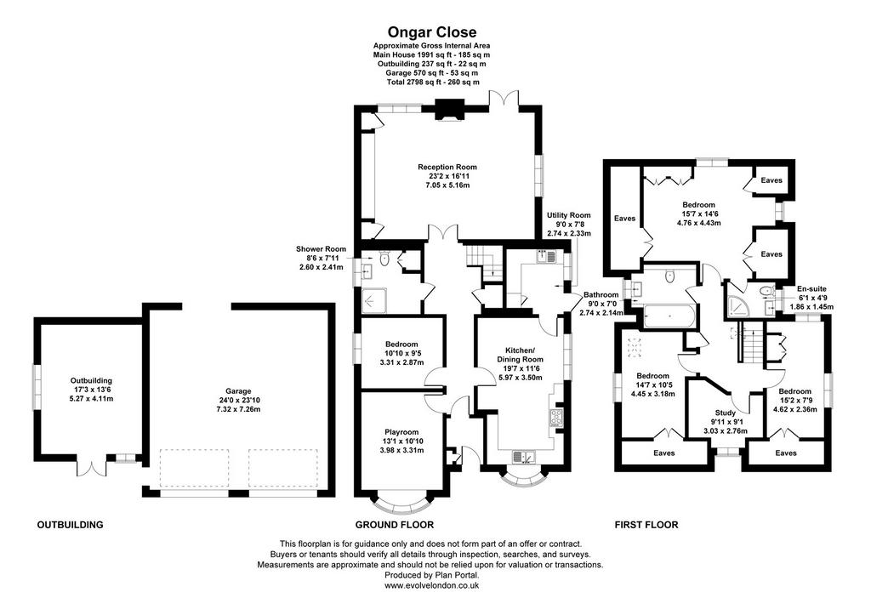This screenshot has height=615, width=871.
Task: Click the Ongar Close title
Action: pyautogui.click(x=431, y=32)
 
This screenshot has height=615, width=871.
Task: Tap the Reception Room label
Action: pyautogui.click(x=447, y=167)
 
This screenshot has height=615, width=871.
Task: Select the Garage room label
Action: pyautogui.click(x=238, y=391)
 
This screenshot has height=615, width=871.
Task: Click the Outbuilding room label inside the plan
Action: pyautogui.click(x=91, y=380)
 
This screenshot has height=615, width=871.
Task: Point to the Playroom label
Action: pyautogui.click(x=401, y=432)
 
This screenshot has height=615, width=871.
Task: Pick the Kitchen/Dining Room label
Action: pyautogui.click(x=520, y=355)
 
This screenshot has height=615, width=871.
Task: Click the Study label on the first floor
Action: pyautogui.click(x=725, y=413)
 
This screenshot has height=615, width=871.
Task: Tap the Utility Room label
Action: pyautogui.click(x=569, y=215)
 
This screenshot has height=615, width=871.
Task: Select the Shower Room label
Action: pyautogui.click(x=321, y=249)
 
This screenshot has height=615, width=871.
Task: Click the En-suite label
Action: pyautogui.click(x=811, y=289)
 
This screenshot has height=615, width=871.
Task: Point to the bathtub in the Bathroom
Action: pyautogui.click(x=669, y=316)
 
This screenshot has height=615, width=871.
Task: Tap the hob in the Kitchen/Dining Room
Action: pyautogui.click(x=556, y=417)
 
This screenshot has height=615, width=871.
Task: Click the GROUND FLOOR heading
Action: pyautogui.click(x=395, y=525)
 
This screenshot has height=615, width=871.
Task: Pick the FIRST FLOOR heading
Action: pyautogui.click(x=646, y=525)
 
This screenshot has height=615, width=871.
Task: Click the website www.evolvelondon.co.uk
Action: pyautogui.click(x=431, y=585)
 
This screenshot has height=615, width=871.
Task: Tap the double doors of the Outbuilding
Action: pyautogui.click(x=90, y=467)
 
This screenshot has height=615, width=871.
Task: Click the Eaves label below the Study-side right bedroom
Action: pyautogui.click(x=785, y=453)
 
